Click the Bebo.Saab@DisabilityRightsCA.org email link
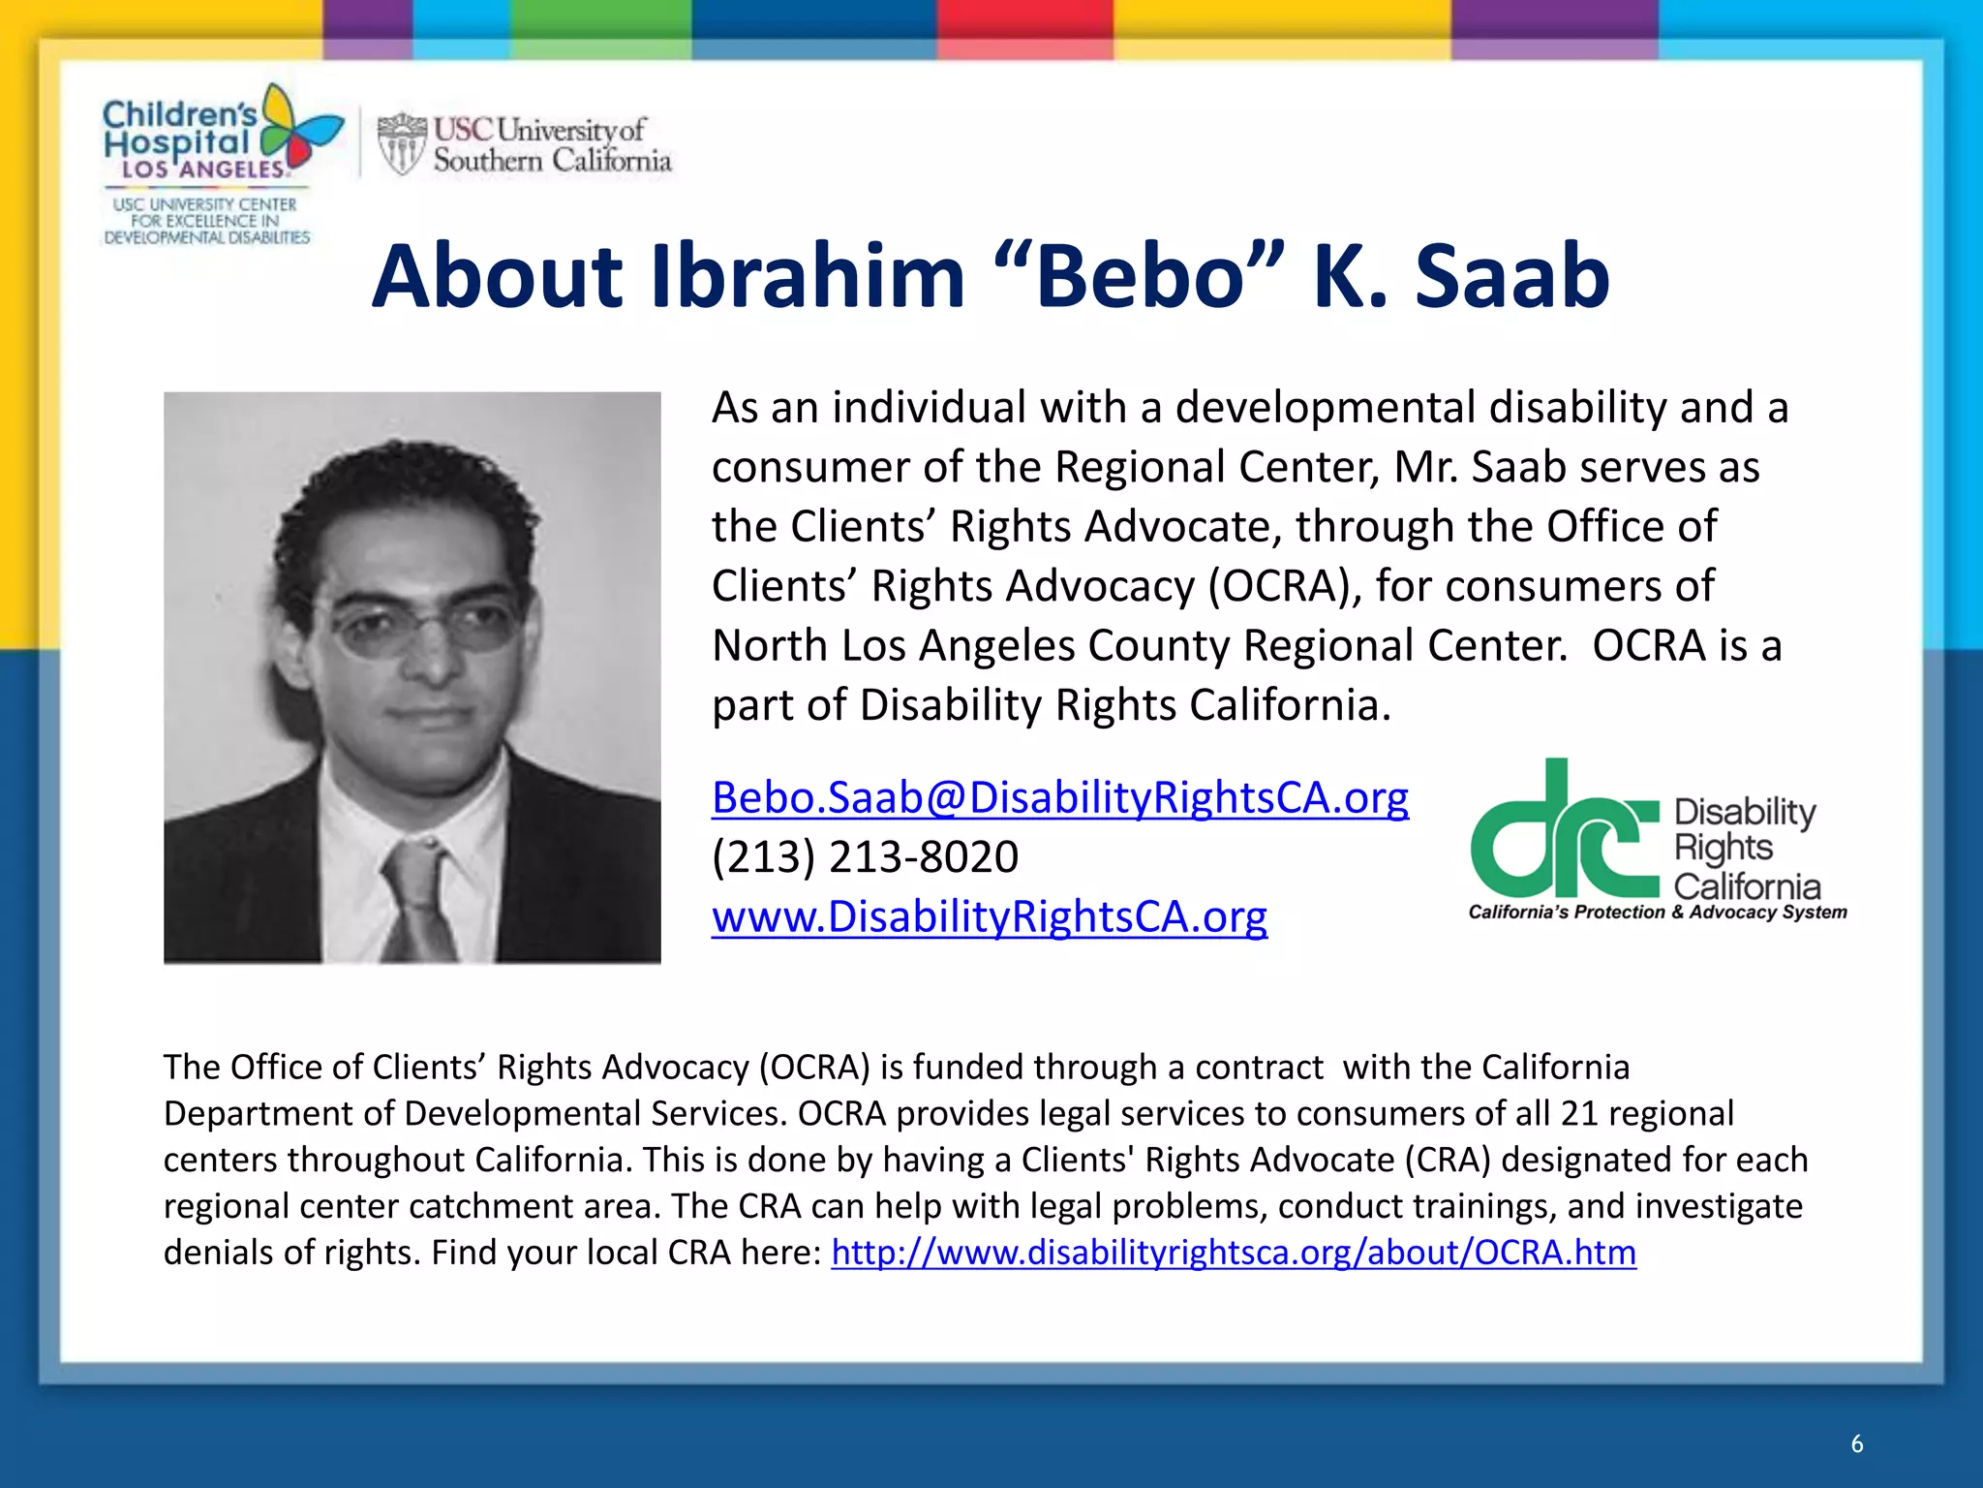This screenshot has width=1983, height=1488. [1059, 798]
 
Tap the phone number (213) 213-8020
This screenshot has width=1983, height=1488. [865, 857]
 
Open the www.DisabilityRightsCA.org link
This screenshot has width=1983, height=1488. [989, 916]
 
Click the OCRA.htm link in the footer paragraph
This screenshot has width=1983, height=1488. [1233, 1253]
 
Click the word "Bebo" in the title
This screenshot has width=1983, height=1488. [1139, 277]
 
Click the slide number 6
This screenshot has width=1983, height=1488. [1856, 1443]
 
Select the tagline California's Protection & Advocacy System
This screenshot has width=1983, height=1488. [1657, 913]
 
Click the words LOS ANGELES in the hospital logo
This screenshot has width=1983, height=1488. [203, 170]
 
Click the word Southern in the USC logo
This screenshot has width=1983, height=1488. [487, 161]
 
